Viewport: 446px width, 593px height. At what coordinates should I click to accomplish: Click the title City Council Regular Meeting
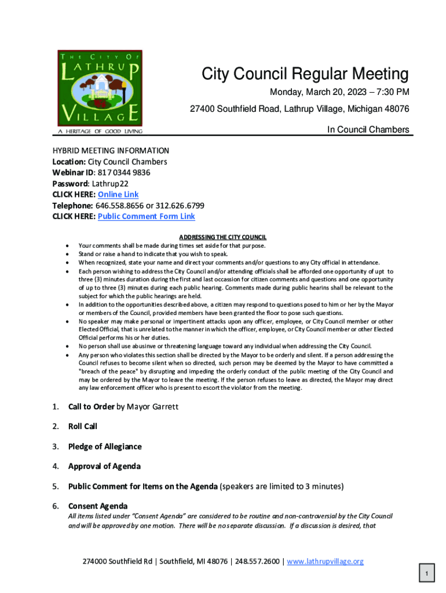305,74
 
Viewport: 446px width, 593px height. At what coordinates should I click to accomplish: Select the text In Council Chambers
368,130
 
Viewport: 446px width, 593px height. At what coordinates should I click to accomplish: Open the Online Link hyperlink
118,195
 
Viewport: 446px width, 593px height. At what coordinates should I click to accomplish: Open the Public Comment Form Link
147,217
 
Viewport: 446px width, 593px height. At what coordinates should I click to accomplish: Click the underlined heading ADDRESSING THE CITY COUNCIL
222,237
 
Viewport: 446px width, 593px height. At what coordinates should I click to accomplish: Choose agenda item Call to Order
91,407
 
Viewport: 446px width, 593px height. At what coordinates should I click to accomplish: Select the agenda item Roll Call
83,426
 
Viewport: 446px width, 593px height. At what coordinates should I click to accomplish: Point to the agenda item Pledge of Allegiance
105,446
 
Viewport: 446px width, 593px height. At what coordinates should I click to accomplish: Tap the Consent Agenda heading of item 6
98,506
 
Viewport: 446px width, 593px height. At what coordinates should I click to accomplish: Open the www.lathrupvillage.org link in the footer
325,561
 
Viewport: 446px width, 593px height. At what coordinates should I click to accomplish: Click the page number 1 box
426,574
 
